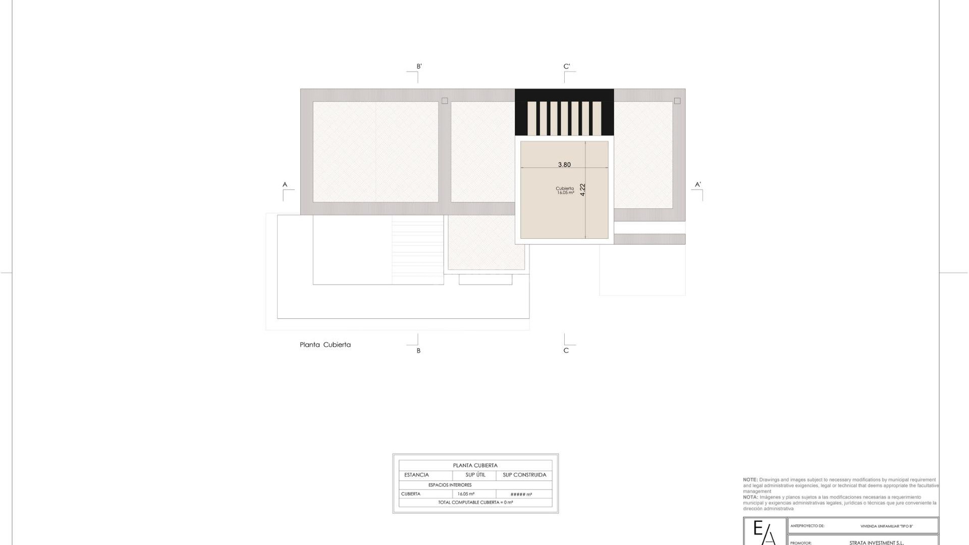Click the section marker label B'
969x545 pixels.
pyautogui.click(x=419, y=66)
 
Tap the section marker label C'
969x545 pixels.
pyautogui.click(x=567, y=66)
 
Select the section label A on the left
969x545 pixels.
pyautogui.click(x=285, y=185)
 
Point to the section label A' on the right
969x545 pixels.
pyautogui.click(x=698, y=185)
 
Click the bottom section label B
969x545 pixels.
pyautogui.click(x=418, y=351)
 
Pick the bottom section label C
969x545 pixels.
pyautogui.click(x=566, y=351)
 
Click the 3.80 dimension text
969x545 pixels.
pyautogui.click(x=564, y=165)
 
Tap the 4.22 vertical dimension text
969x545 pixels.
pyautogui.click(x=582, y=190)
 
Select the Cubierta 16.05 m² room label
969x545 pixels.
pyautogui.click(x=565, y=190)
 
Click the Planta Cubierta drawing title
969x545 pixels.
pyautogui.click(x=325, y=345)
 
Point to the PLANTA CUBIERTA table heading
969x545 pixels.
pyautogui.click(x=475, y=465)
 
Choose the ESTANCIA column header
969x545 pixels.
pyautogui.click(x=416, y=475)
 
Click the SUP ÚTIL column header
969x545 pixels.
pyautogui.click(x=475, y=475)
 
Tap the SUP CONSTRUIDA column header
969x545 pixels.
pyautogui.click(x=524, y=475)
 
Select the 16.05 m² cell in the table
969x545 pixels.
pyautogui.click(x=466, y=494)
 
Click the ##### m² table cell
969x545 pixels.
pyautogui.click(x=521, y=495)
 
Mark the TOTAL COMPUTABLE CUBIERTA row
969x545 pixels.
pyautogui.click(x=475, y=503)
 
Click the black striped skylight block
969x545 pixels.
pyautogui.click(x=564, y=112)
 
